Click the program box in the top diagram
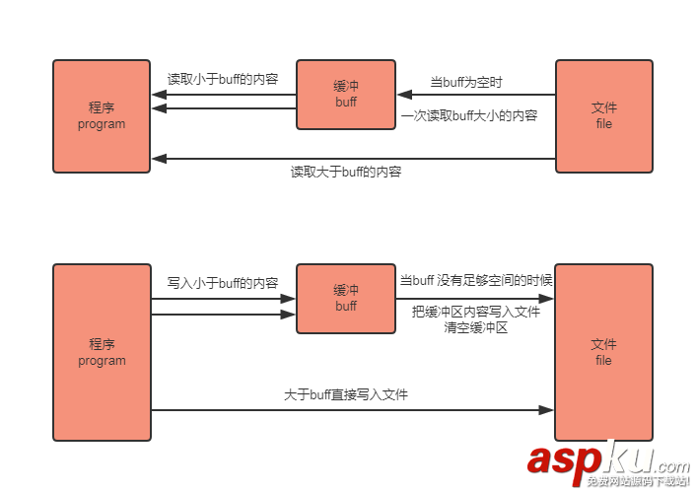102,116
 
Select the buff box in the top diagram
346,95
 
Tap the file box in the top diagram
603,116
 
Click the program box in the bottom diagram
102,352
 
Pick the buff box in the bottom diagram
346,299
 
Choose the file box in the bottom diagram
603,352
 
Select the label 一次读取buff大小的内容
469,116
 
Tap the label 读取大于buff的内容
346,172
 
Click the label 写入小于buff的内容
223,283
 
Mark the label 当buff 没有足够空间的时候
475,281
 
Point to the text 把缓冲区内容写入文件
476,312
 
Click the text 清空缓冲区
476,327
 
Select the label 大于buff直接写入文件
346,394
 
